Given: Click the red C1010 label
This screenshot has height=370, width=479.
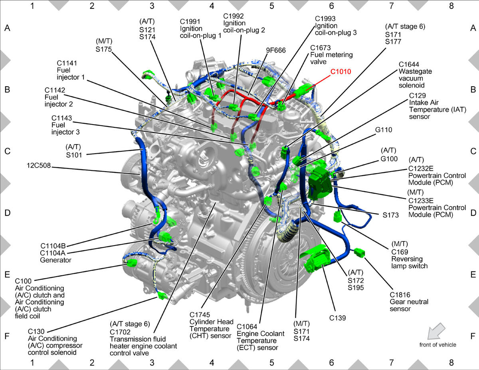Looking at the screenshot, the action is [340, 71].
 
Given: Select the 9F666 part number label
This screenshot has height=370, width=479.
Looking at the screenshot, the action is [276, 50].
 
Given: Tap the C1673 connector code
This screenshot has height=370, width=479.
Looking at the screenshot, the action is [320, 48].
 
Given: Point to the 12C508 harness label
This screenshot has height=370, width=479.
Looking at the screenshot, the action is [39, 165].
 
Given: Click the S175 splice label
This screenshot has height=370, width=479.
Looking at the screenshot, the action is [104, 49].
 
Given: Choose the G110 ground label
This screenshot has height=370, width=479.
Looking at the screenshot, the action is [384, 130].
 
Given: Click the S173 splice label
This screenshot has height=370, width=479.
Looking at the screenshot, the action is [391, 215].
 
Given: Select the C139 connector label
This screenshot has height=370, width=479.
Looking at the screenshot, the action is [337, 318].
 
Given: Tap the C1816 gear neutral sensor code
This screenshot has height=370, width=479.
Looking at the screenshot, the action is [400, 295].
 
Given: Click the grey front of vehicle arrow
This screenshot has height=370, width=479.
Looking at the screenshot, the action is [435, 331].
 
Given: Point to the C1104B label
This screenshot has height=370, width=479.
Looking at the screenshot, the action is [53, 246].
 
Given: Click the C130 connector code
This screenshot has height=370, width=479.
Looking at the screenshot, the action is [36, 331].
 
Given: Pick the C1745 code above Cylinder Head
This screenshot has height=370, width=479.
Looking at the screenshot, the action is [200, 315].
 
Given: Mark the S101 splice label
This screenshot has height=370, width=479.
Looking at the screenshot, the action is [74, 155].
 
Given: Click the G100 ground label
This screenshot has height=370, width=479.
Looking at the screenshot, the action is [389, 159].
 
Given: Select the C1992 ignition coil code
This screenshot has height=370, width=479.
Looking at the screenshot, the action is [234, 16].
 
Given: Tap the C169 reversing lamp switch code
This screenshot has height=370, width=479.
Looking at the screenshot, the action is [400, 252].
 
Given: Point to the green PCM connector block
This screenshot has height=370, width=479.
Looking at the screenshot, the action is [320, 183].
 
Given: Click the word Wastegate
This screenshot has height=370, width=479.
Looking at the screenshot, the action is [415, 71].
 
